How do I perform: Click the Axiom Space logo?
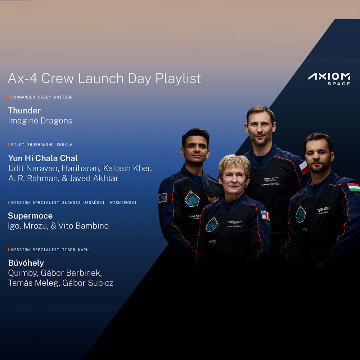[329, 79]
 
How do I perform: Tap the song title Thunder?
[24, 111]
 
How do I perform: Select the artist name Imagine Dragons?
[40, 121]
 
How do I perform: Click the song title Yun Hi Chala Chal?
[43, 158]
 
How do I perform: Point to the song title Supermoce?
[30, 216]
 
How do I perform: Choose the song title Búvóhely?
[26, 263]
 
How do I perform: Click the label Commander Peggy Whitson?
[42, 97]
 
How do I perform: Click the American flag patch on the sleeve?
[265, 216]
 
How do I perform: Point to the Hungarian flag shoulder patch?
[354, 187]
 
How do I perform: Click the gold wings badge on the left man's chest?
[213, 199]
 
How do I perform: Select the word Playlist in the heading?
[178, 79]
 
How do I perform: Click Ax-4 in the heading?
[23, 78]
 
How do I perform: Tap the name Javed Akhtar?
[94, 179]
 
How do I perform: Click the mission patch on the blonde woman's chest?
[212, 224]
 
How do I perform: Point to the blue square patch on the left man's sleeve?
[162, 198]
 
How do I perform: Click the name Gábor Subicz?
[88, 283]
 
